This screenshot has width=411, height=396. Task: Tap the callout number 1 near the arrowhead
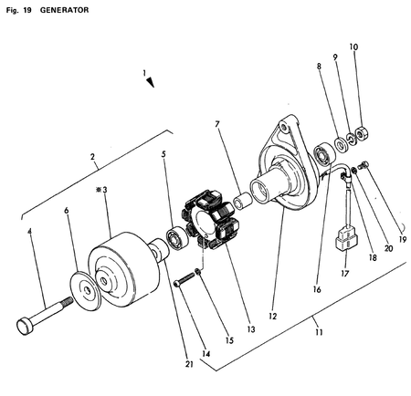pyautogui.click(x=142, y=71)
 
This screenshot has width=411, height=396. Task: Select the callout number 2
pyautogui.click(x=92, y=157)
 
